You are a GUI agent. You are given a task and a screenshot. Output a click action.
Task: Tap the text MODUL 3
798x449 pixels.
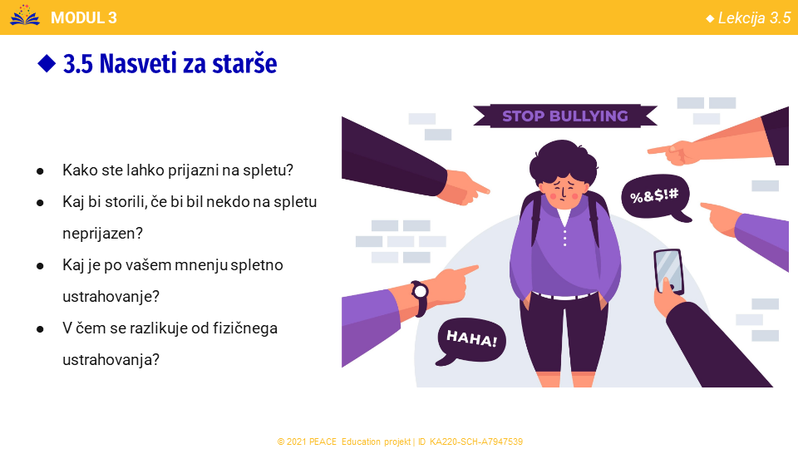tap(84, 17)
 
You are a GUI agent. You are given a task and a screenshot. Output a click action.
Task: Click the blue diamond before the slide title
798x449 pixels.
tap(47, 64)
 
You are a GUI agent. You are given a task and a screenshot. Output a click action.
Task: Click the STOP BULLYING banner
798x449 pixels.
tap(565, 116)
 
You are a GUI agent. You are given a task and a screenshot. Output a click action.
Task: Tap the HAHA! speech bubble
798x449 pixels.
tap(470, 340)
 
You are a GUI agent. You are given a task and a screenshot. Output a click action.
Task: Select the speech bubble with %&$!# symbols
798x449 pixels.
tap(656, 198)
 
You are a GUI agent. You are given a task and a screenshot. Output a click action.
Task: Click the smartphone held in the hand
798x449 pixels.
tap(668, 270)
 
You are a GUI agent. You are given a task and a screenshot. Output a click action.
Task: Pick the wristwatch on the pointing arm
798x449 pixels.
tap(420, 299)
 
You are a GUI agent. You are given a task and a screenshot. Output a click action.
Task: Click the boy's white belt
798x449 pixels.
tap(565, 295)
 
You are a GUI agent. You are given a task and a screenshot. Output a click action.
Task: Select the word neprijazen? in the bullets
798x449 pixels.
tap(102, 233)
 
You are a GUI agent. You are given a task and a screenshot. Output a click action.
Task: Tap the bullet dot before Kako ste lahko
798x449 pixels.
tap(40, 171)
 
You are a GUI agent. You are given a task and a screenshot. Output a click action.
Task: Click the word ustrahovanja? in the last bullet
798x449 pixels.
tap(111, 360)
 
